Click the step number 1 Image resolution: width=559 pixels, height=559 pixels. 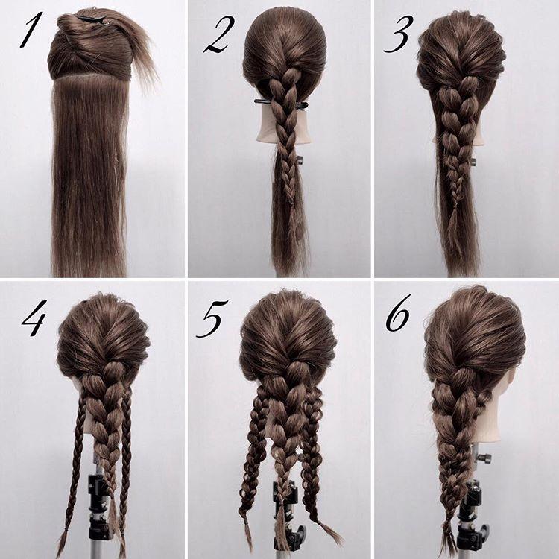[31, 30]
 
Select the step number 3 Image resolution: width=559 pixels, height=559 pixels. [398, 34]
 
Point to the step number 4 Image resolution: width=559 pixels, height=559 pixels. [34, 318]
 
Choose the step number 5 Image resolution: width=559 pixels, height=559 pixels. [212, 319]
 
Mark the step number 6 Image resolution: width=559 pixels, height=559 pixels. [398, 313]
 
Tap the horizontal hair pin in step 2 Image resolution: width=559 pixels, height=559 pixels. [280, 104]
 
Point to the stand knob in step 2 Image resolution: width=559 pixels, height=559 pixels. [300, 160]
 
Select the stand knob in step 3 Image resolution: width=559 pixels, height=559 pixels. [473, 162]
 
